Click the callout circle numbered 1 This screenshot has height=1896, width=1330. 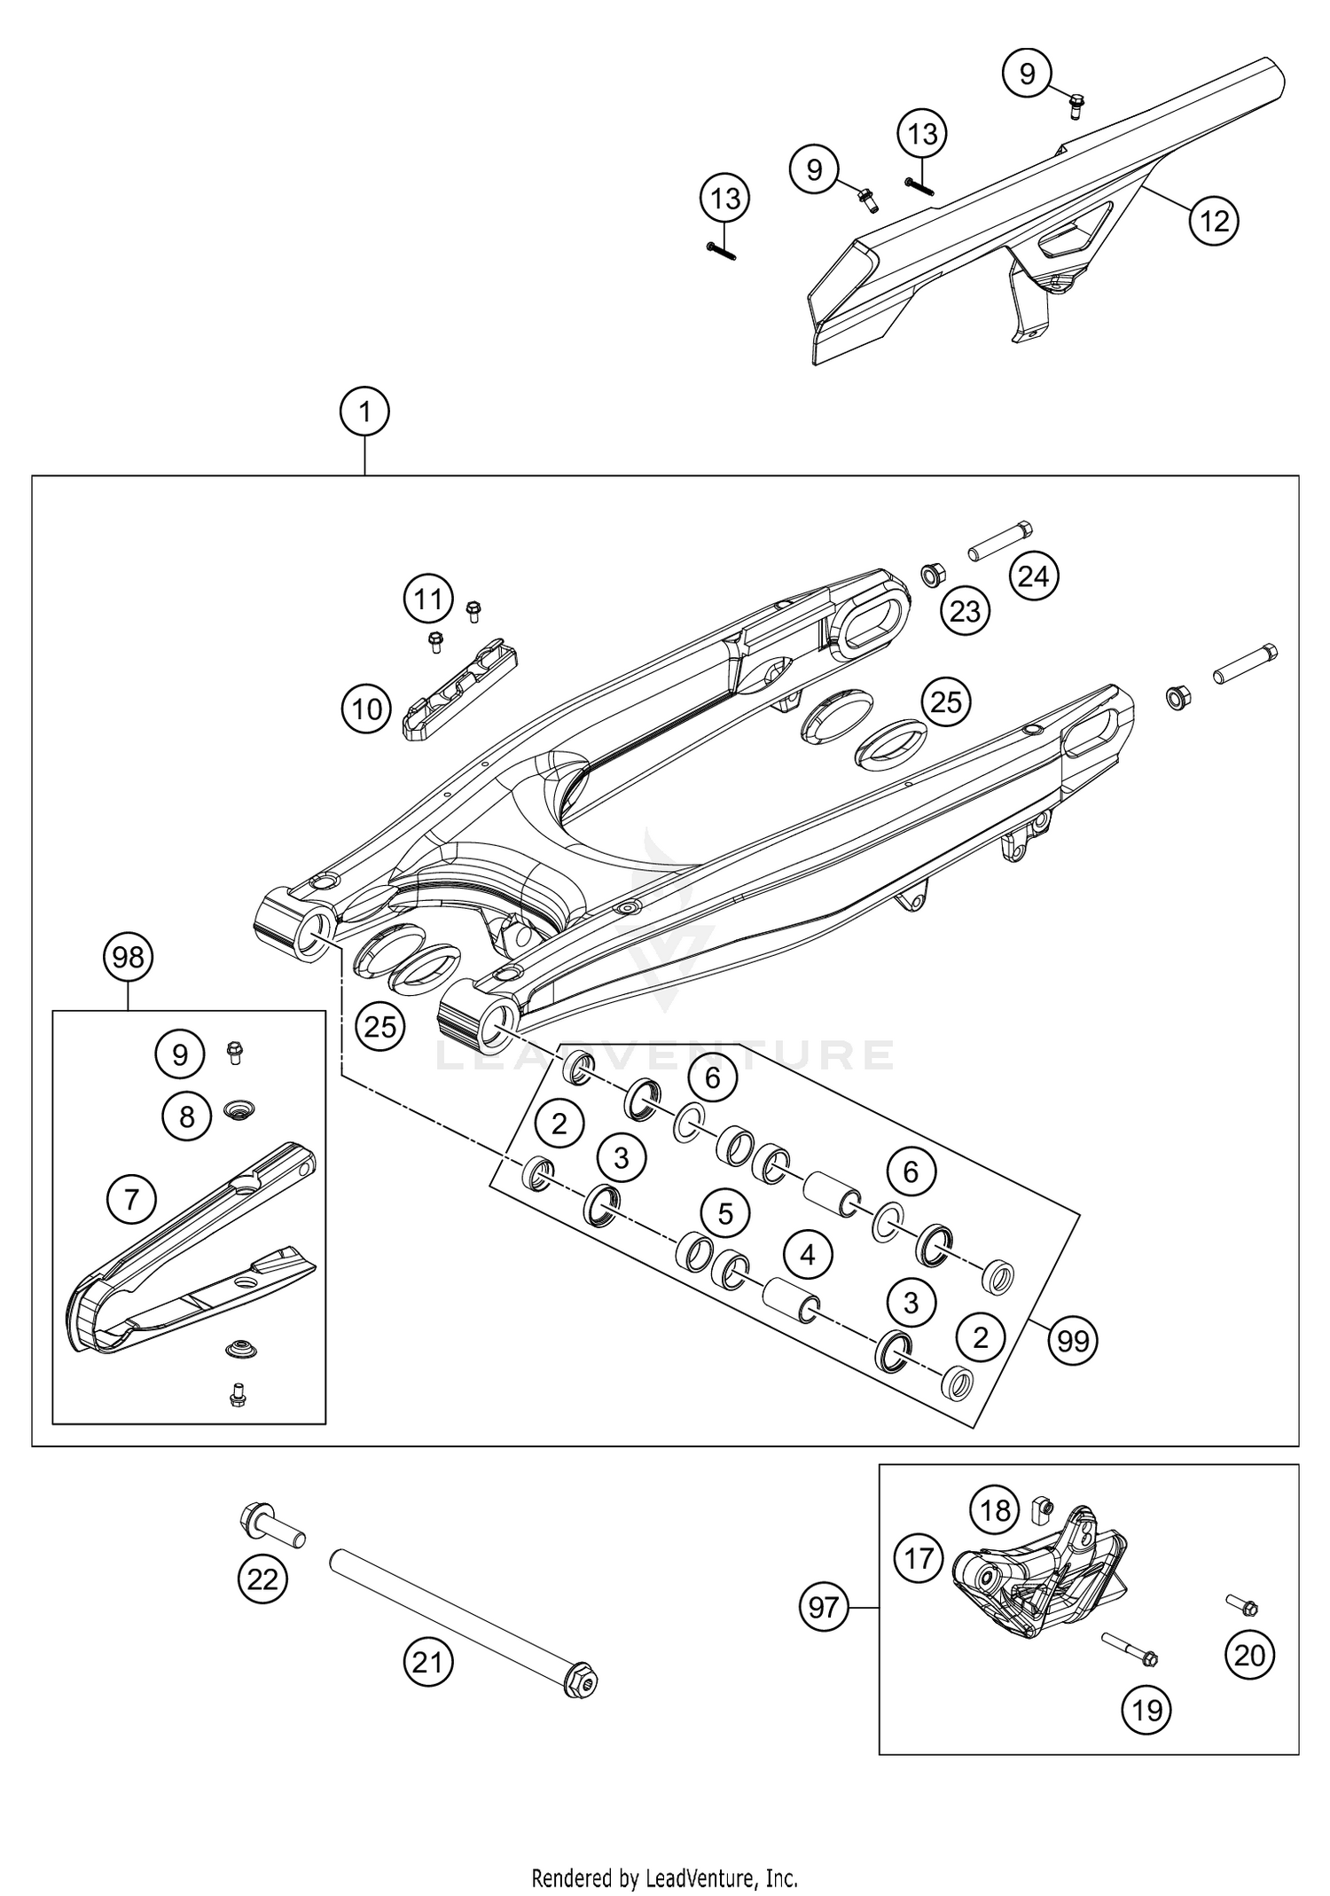364,412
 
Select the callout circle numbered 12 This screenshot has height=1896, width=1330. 1214,220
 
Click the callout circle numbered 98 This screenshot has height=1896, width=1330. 129,957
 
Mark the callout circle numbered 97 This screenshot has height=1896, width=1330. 824,1606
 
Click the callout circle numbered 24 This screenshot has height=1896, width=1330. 1034,577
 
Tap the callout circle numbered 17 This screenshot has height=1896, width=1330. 919,1558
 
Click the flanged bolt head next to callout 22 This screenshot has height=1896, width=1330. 253,1519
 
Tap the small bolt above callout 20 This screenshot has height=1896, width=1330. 1242,1604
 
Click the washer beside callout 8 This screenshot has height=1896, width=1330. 236,1109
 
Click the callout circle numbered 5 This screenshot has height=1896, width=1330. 726,1213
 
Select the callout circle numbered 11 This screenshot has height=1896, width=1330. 428,600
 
